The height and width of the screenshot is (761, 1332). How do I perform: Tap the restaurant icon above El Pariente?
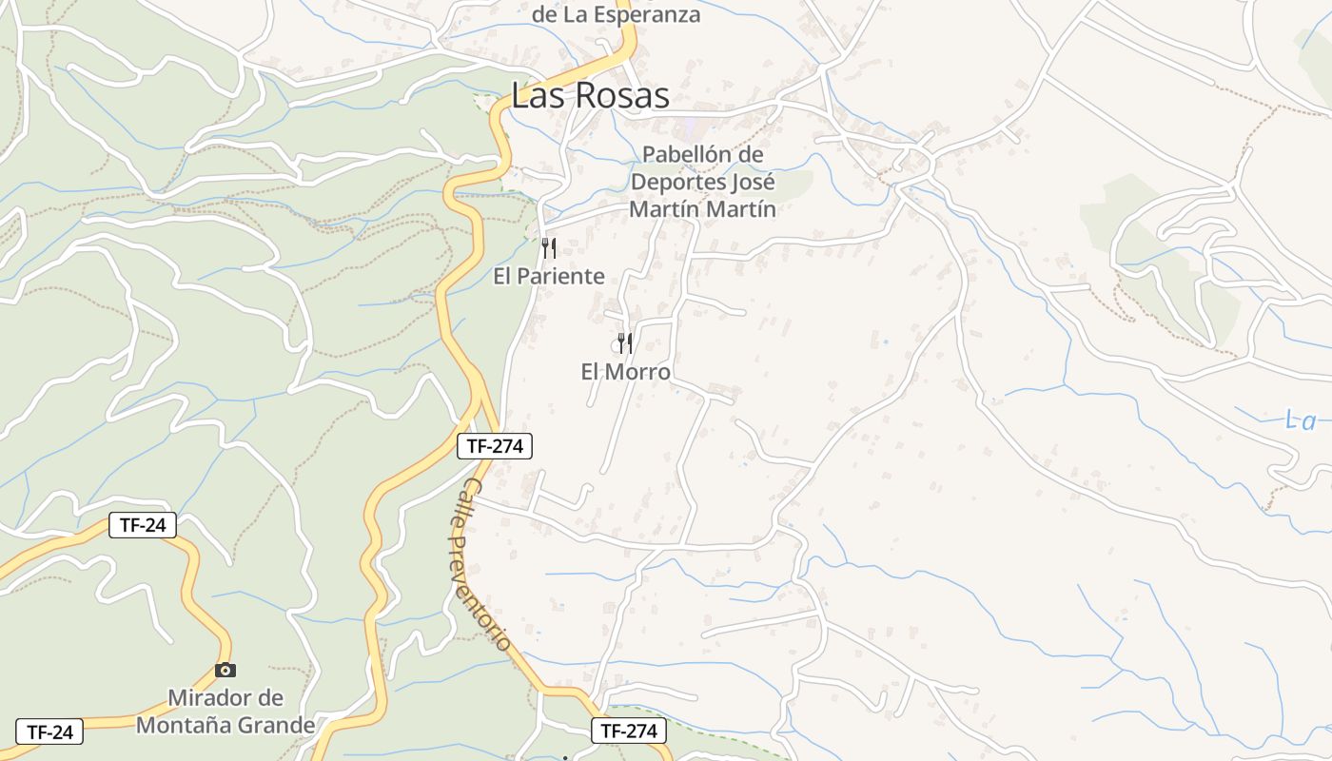(x=549, y=248)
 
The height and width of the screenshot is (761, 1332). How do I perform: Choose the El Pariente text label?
(x=549, y=277)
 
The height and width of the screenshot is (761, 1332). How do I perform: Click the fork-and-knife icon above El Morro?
(x=625, y=343)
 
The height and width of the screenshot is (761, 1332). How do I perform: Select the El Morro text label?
(x=625, y=372)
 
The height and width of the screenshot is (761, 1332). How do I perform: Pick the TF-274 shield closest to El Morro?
(x=495, y=446)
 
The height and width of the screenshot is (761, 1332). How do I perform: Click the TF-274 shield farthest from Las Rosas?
(x=628, y=731)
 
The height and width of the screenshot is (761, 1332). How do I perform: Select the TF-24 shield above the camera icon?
(x=143, y=525)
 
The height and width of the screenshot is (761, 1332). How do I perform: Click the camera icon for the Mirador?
(x=225, y=670)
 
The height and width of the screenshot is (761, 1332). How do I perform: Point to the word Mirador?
(x=212, y=698)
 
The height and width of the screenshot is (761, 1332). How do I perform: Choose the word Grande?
(x=277, y=725)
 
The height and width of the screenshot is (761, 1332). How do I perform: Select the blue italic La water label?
(x=1300, y=420)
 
